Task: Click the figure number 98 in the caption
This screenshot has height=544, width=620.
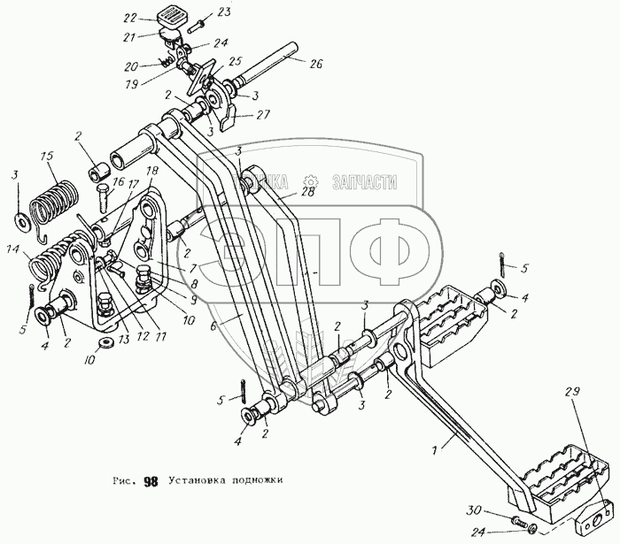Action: tap(151, 482)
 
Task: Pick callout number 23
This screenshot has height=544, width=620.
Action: tap(222, 11)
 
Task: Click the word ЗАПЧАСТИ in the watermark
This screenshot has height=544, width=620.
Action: tap(362, 182)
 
